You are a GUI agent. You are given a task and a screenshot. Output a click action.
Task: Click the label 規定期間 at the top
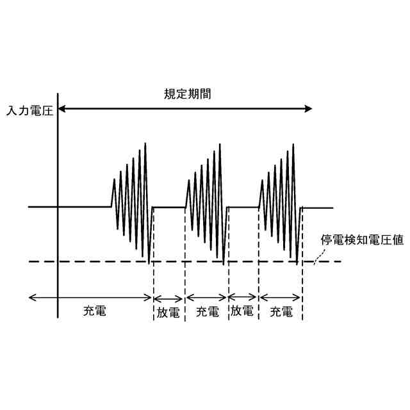click(x=187, y=94)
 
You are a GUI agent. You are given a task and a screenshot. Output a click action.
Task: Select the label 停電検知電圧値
click(x=361, y=241)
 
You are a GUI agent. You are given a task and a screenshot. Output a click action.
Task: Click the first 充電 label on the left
click(x=95, y=312)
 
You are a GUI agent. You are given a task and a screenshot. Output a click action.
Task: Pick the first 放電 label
click(x=168, y=313)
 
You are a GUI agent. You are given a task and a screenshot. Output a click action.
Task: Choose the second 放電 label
click(x=242, y=312)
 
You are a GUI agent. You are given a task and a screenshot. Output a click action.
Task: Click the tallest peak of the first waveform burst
click(x=147, y=143)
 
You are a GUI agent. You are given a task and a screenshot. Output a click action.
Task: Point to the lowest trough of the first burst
click(x=149, y=263)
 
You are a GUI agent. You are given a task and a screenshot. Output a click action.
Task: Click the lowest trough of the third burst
click(x=297, y=263)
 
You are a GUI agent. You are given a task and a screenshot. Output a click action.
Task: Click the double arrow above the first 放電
click(x=169, y=297)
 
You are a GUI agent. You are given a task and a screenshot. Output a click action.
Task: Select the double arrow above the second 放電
click(x=243, y=297)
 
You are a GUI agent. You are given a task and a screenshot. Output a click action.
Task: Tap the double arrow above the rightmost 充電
click(x=280, y=297)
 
